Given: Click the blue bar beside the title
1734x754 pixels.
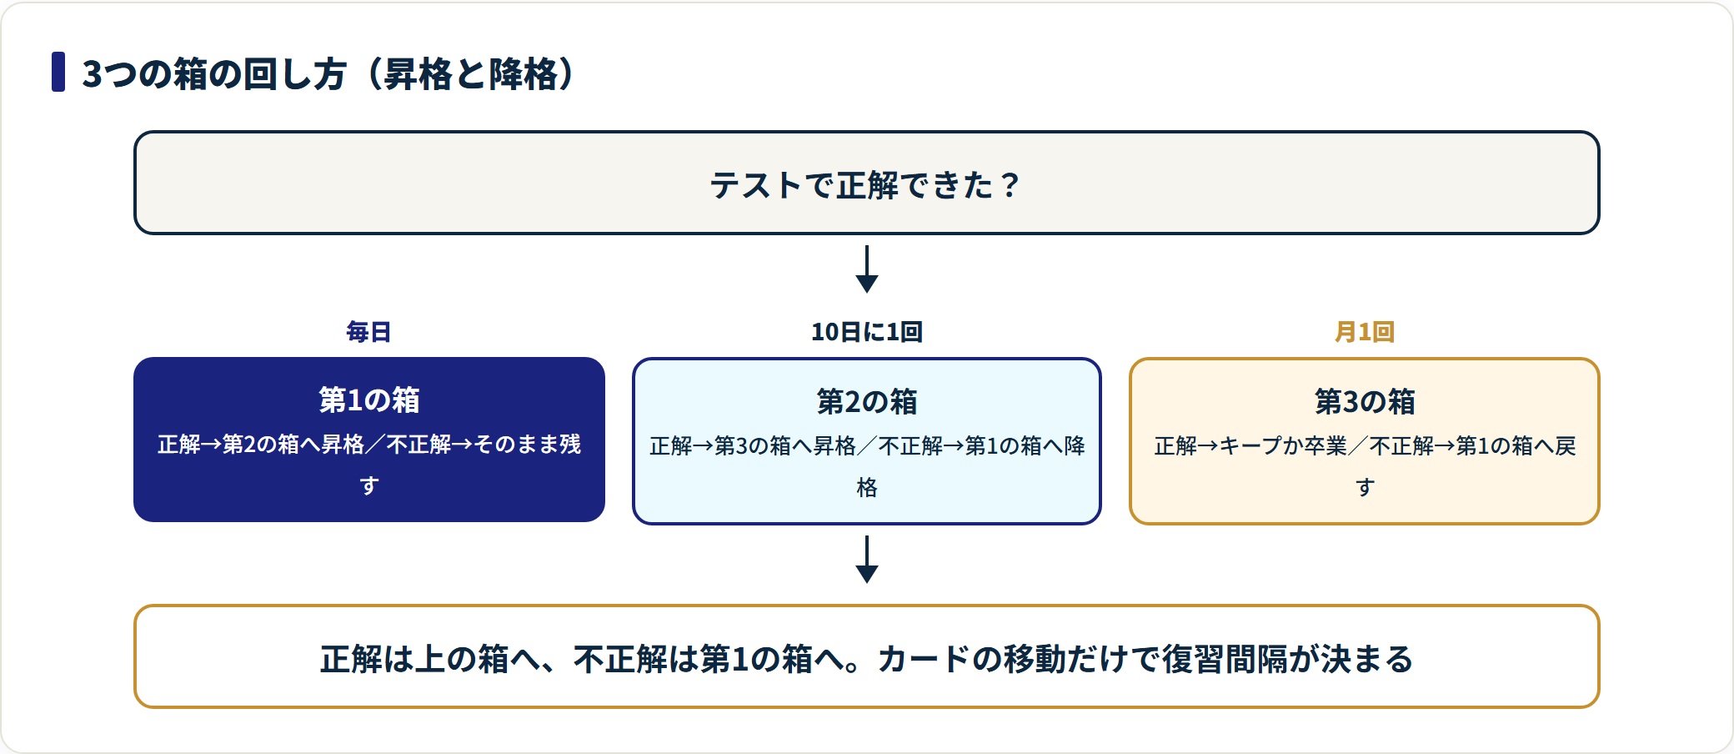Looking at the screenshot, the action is click(58, 72).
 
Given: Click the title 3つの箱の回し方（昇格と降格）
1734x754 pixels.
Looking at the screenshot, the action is click(328, 73).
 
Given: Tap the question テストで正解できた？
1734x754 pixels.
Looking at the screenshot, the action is click(865, 184).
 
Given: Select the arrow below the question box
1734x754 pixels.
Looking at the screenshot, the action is click(867, 269).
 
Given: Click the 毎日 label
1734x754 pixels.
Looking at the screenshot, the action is click(368, 332).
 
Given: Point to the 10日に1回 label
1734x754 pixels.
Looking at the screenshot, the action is click(867, 332).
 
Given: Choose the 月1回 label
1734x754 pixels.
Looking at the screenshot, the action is click(1365, 332).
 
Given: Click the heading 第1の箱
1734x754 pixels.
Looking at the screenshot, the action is click(369, 400).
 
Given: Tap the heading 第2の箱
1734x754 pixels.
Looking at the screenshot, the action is click(867, 402).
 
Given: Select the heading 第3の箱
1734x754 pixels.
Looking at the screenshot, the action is click(1365, 402).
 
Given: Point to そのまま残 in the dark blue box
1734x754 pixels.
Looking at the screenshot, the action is click(527, 444).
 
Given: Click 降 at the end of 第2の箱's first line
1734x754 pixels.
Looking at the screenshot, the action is click(1075, 445).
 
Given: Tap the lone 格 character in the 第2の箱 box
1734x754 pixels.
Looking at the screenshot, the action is click(867, 487).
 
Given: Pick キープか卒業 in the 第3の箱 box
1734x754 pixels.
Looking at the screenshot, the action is click(1283, 445).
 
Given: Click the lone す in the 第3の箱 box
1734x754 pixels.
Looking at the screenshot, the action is click(1365, 487).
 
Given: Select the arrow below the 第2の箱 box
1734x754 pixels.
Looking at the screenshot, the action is click(867, 559).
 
